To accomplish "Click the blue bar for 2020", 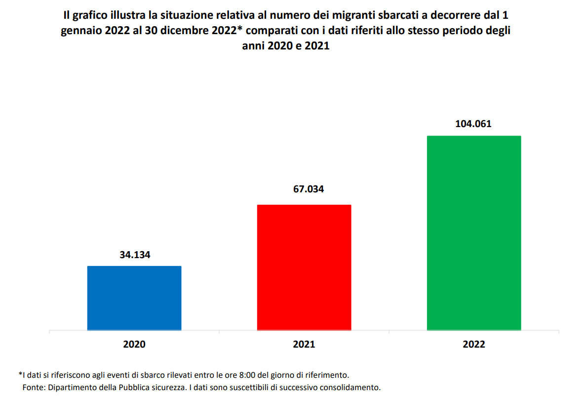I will (134, 298).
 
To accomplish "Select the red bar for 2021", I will (304, 267).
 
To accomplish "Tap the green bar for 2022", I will (474, 232).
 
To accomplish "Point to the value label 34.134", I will (134, 255).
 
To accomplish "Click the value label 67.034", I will (304, 189).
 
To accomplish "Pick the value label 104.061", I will (474, 124).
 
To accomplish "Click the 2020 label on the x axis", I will (134, 345).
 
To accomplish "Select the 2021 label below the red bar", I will (304, 345).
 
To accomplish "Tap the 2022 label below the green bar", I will (474, 345).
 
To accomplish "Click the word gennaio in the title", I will (80, 31).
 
